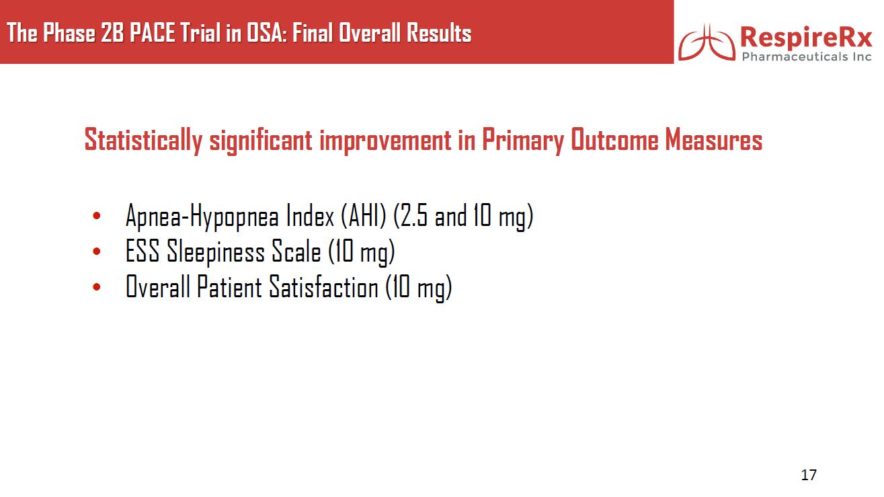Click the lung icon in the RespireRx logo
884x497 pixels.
coord(707,42)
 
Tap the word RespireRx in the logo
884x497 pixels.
coord(806,38)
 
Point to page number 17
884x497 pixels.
coord(809,475)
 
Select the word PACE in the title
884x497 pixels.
coord(153,32)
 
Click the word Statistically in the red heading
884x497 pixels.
coord(144,140)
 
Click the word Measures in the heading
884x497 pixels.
coord(713,140)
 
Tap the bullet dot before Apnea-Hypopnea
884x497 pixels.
coord(97,216)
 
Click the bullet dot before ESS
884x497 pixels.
coord(97,251)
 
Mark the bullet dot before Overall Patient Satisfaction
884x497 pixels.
coord(97,286)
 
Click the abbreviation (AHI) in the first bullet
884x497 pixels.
coord(363,216)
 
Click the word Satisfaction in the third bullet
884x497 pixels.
coord(323,286)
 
